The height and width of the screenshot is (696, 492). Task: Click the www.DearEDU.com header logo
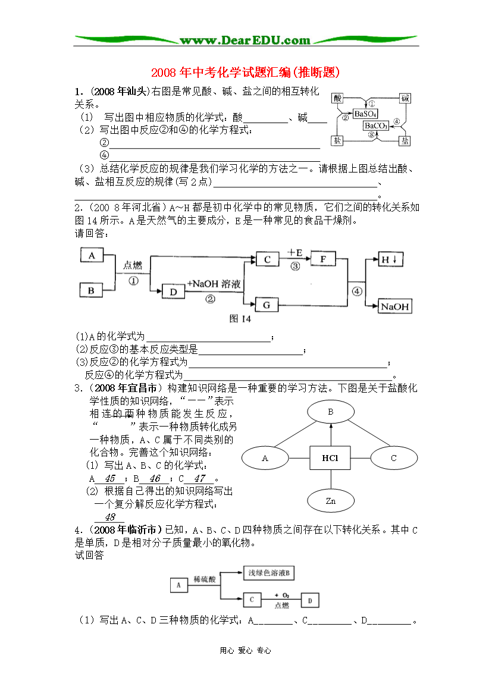[x=245, y=40]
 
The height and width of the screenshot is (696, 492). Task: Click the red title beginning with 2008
[x=245, y=72]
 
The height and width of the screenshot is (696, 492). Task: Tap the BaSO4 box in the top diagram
[x=365, y=114]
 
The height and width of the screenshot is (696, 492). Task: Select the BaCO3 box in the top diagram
[x=376, y=126]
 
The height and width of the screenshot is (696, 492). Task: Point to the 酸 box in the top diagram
[x=337, y=98]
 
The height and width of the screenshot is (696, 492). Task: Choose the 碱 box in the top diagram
[x=405, y=98]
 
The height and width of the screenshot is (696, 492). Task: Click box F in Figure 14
[x=323, y=259]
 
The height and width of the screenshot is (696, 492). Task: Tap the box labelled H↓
[x=390, y=259]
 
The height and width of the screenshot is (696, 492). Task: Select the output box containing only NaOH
[x=395, y=306]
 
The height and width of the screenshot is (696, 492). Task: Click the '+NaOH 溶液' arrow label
[x=214, y=284]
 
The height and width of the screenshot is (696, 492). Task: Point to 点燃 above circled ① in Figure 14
[x=133, y=265]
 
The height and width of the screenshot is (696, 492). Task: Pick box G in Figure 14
[x=267, y=305]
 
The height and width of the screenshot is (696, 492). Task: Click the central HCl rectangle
[x=330, y=458]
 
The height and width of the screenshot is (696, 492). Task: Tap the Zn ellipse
[x=331, y=501]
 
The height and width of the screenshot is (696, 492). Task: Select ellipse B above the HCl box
[x=331, y=412]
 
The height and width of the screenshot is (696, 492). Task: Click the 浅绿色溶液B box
[x=269, y=573]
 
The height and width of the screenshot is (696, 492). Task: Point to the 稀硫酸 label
[x=205, y=579]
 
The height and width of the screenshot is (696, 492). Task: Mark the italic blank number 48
[x=109, y=517]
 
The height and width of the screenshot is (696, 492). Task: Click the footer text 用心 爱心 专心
[x=245, y=650]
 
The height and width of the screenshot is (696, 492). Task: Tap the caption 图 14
[x=240, y=319]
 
